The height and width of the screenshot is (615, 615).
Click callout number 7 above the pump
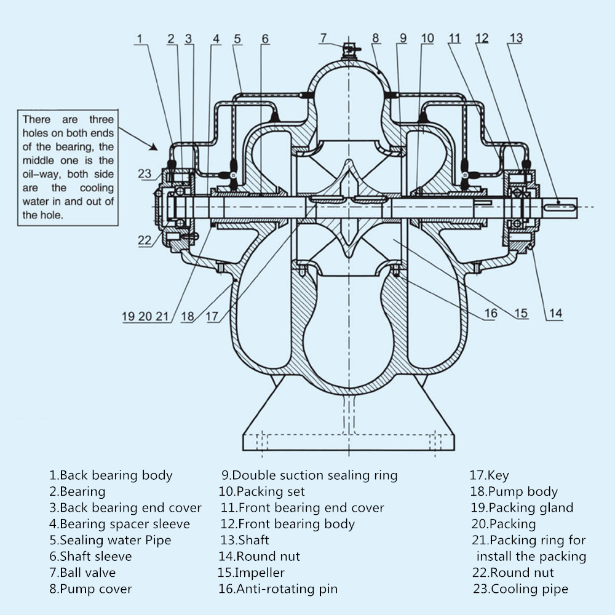323,38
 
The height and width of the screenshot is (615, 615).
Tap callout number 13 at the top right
516,38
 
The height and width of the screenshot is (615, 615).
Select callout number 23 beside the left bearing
145,173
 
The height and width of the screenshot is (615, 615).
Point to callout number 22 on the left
145,240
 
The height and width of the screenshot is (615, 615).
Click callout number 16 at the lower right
491,313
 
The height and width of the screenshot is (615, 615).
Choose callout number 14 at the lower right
555,313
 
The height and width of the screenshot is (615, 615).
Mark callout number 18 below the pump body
188,316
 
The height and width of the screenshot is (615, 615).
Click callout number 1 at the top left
139,38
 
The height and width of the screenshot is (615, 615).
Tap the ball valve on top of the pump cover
349,51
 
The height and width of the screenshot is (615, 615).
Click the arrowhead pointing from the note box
154,147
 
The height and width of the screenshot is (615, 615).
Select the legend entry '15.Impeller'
251,572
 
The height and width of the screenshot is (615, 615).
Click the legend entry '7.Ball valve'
82,572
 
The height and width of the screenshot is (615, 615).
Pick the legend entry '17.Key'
489,475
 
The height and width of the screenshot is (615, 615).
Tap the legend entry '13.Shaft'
245,540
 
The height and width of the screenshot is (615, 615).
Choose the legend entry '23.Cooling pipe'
520,589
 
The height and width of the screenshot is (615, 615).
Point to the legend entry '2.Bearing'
77,491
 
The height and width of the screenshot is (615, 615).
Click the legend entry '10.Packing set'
261,491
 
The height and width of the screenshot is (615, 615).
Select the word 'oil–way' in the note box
42,174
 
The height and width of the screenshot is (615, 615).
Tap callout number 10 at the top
427,38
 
